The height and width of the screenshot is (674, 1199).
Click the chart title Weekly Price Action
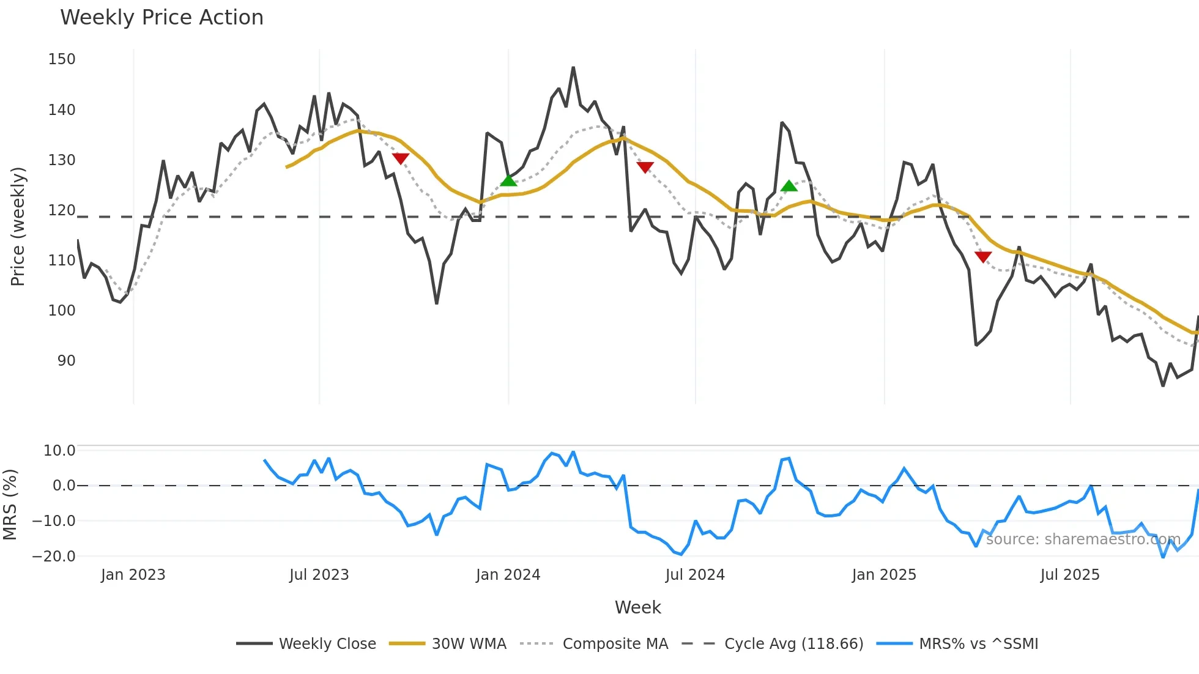[161, 18]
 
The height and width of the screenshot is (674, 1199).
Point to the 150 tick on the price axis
[62, 59]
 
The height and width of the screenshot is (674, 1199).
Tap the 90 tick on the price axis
[66, 361]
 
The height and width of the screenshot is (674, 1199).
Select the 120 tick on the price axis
[62, 210]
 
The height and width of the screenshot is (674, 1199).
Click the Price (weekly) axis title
[18, 226]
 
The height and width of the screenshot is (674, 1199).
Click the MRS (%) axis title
[10, 505]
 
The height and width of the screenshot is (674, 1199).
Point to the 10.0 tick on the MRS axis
[59, 451]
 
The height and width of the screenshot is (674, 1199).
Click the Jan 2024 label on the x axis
[508, 575]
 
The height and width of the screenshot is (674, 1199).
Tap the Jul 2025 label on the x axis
[1070, 575]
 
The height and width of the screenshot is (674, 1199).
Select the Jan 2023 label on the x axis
[133, 575]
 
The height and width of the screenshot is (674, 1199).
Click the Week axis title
[637, 607]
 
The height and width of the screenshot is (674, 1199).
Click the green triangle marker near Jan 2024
[508, 180]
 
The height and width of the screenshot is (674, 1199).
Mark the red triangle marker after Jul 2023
[401, 158]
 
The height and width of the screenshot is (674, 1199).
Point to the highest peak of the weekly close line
[573, 68]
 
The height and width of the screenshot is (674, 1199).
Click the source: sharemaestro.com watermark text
[1083, 539]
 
